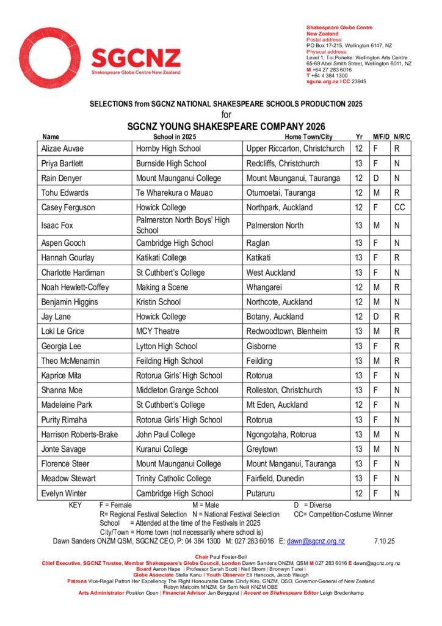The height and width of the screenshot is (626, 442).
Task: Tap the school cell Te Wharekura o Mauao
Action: (x=174, y=193)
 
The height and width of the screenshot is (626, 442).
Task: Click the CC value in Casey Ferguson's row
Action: (x=400, y=207)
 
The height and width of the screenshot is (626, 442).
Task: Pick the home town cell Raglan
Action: (x=259, y=243)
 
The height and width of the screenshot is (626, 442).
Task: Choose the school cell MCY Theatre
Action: (x=158, y=331)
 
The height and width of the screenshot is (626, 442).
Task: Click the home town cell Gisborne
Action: (x=263, y=346)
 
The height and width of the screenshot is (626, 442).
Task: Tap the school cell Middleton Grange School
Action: (x=177, y=390)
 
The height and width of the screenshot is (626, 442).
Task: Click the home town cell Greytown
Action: (x=262, y=449)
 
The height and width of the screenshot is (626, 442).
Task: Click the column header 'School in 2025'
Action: (x=179, y=137)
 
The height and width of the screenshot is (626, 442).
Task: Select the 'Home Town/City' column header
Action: (x=308, y=137)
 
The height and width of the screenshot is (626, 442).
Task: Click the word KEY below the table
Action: (x=75, y=506)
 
